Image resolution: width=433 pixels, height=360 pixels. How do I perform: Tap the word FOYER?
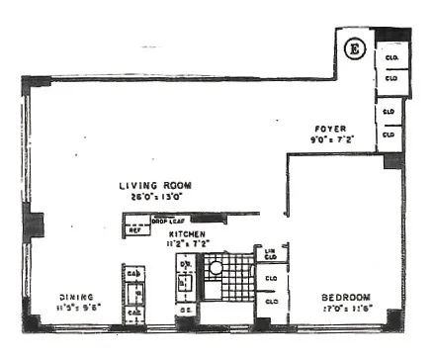(329, 129)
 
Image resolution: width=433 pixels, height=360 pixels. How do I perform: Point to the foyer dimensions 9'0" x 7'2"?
(330, 139)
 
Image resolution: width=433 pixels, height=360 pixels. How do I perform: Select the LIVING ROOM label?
(154, 185)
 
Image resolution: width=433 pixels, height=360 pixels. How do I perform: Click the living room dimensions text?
(154, 196)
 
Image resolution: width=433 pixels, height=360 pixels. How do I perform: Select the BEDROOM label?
(345, 296)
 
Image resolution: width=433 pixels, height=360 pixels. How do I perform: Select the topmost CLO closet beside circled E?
(390, 55)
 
